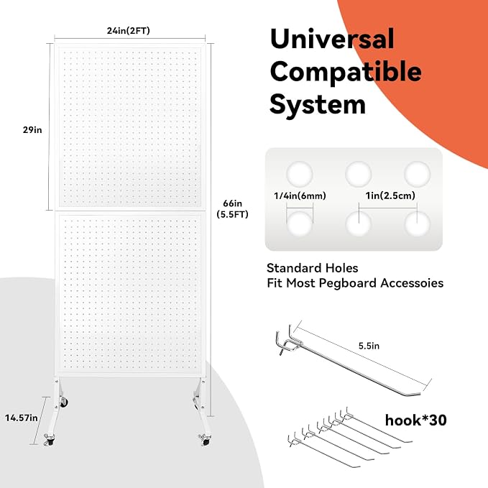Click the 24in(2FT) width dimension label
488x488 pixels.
[x=128, y=31]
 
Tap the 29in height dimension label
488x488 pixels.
[x=32, y=130]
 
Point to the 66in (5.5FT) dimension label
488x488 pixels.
[x=232, y=209]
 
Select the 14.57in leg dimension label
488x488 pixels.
[x=21, y=418]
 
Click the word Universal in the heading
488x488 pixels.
[x=332, y=39]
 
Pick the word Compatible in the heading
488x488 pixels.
[x=346, y=72]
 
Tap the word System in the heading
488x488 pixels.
[x=318, y=105]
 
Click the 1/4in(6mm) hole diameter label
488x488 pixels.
[x=300, y=195]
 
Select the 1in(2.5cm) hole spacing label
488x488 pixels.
[x=390, y=195]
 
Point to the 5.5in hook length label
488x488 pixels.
[x=369, y=346]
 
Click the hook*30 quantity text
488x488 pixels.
[x=416, y=420]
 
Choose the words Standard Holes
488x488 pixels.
[x=312, y=268]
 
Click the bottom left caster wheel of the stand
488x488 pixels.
[x=50, y=440]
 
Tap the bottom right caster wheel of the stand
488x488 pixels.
[x=205, y=440]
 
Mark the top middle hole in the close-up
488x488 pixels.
[x=358, y=174]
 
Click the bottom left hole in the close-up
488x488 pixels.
[x=300, y=224]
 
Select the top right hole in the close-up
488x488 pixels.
[x=417, y=174]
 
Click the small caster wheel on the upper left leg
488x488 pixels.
[x=64, y=402]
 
